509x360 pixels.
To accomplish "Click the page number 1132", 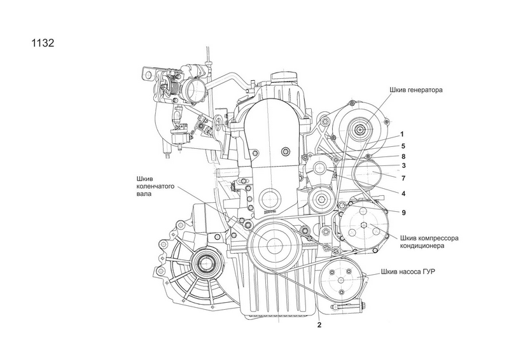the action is [43, 43].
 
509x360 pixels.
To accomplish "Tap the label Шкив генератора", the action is [416, 90].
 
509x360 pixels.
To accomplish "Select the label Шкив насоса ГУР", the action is [408, 272].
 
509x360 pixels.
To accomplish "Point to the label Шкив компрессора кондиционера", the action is [429, 242].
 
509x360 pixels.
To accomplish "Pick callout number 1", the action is [402, 134].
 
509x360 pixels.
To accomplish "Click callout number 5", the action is [403, 146].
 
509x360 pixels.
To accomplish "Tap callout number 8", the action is [403, 156].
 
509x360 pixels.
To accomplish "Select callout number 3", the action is [403, 165].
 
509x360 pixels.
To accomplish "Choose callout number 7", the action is [403, 178].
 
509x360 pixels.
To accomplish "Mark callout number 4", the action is [403, 194].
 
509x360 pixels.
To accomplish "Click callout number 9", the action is [403, 212].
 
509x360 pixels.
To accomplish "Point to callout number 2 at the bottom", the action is [319, 325].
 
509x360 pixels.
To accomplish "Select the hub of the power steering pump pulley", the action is [340, 280].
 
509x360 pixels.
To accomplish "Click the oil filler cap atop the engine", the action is [284, 77].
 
